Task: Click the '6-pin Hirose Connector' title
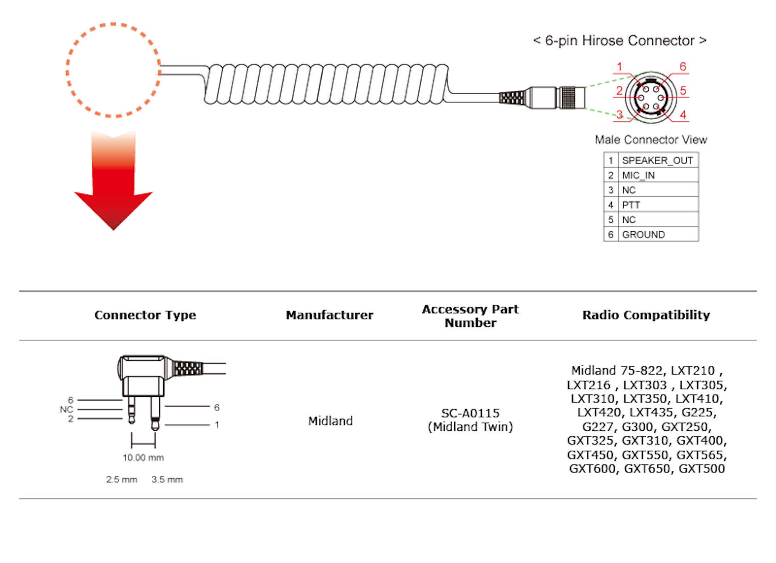pos(620,41)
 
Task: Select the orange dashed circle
pos(113,70)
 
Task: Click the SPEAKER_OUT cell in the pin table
pos(657,161)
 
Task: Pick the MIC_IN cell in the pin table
pos(638,176)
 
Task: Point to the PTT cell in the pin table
pos(631,205)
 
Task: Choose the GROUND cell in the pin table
pos(643,235)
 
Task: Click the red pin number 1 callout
pos(619,67)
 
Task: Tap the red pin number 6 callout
pos(683,67)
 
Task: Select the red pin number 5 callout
pos(683,91)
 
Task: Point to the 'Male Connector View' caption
pos(651,140)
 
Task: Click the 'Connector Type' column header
pos(145,315)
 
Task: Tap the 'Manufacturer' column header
pos(329,315)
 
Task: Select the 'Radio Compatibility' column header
pos(646,315)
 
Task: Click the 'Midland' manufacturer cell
pos(330,421)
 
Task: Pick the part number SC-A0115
pos(470,413)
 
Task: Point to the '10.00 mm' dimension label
pos(143,458)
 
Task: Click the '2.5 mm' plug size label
pos(122,480)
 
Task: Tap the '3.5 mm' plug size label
pos(167,480)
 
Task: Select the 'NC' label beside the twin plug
pos(66,409)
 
